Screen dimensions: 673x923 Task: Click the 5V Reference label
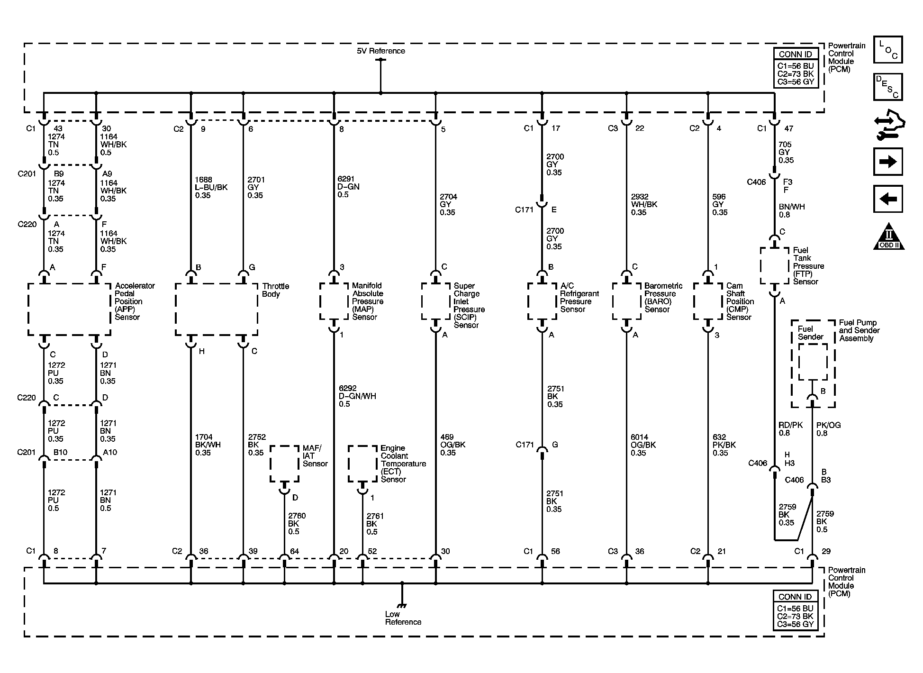(x=380, y=51)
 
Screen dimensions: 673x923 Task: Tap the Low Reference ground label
(x=403, y=618)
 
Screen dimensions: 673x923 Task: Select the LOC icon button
(x=888, y=49)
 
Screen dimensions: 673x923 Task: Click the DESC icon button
(x=888, y=87)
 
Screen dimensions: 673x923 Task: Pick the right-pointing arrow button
(x=888, y=162)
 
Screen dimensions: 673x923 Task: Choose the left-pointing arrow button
(x=888, y=199)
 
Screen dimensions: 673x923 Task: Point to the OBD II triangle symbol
(x=888, y=237)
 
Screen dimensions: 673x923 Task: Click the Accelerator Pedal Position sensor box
(x=69, y=309)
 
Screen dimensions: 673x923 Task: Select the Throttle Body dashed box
(x=217, y=309)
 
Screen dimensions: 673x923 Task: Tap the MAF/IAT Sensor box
(x=284, y=464)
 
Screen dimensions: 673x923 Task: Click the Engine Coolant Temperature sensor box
(x=362, y=464)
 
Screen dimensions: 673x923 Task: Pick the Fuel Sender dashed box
(x=813, y=362)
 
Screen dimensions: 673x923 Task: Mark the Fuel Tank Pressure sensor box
(x=775, y=265)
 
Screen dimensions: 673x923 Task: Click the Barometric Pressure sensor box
(x=626, y=301)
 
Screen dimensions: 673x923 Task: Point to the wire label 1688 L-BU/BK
(x=211, y=187)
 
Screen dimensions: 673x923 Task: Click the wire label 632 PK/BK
(x=724, y=445)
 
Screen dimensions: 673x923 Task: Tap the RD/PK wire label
(x=790, y=429)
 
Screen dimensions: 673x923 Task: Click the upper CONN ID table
(x=796, y=67)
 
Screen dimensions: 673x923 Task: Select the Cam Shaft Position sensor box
(x=708, y=301)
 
